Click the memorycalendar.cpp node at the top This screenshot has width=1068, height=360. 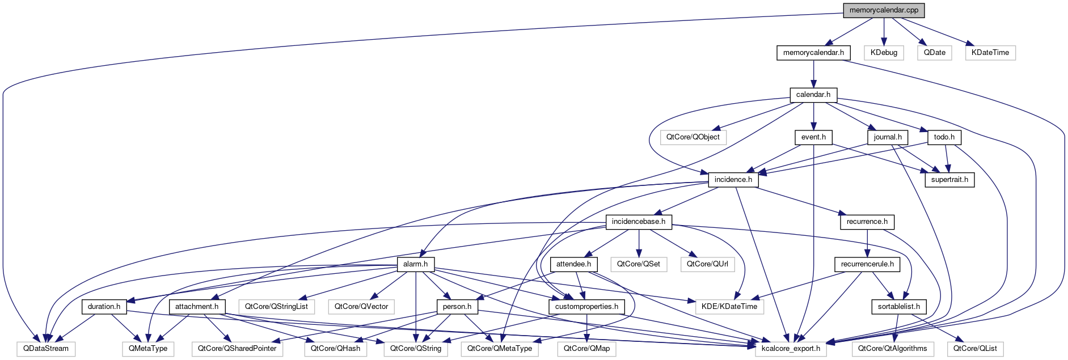[884, 10]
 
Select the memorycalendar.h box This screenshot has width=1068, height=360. [813, 53]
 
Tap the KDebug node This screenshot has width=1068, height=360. [884, 53]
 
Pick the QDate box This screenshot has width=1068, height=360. [934, 53]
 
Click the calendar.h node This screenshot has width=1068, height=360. [813, 95]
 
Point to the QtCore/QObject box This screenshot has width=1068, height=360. [693, 137]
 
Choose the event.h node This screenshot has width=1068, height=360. [813, 137]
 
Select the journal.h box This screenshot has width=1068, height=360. [888, 137]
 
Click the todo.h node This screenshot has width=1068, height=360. [944, 137]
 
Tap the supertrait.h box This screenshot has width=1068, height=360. [949, 180]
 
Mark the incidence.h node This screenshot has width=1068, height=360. [733, 180]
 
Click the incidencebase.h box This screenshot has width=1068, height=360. [638, 222]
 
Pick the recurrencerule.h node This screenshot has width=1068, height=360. [867, 264]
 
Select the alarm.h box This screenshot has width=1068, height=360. [415, 264]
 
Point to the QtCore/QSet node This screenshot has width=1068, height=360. [638, 264]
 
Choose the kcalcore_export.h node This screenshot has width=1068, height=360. [791, 349]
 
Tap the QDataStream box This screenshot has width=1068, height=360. [46, 349]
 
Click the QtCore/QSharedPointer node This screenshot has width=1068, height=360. [237, 349]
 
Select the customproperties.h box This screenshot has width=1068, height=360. [586, 307]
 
